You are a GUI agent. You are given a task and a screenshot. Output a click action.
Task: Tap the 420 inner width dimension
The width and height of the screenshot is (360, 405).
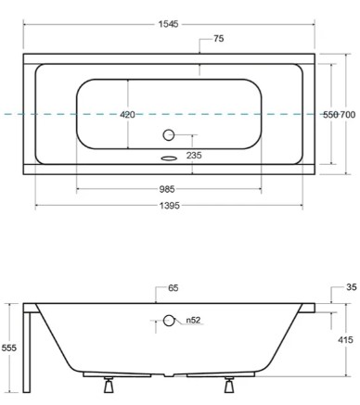[128, 114]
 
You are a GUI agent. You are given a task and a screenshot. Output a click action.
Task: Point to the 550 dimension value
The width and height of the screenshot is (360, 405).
[329, 114]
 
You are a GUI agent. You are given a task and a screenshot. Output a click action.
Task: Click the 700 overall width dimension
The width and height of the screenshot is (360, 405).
[348, 114]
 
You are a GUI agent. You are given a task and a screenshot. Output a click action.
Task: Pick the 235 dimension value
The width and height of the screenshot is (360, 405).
[219, 156]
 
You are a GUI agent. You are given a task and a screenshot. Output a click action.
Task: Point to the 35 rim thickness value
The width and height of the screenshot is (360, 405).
[351, 288]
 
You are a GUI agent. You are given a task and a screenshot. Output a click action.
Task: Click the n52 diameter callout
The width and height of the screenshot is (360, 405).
[193, 321]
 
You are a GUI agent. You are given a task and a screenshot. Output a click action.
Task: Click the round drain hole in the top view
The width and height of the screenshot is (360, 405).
[169, 134]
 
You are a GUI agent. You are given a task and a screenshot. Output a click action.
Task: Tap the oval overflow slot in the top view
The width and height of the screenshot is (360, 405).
[168, 157]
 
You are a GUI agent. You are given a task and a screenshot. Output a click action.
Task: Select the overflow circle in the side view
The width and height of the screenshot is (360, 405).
[169, 321]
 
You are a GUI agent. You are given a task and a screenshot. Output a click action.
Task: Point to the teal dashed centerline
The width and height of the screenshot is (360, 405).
[56, 114]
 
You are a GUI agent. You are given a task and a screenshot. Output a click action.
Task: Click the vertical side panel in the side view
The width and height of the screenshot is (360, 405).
[31, 352]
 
